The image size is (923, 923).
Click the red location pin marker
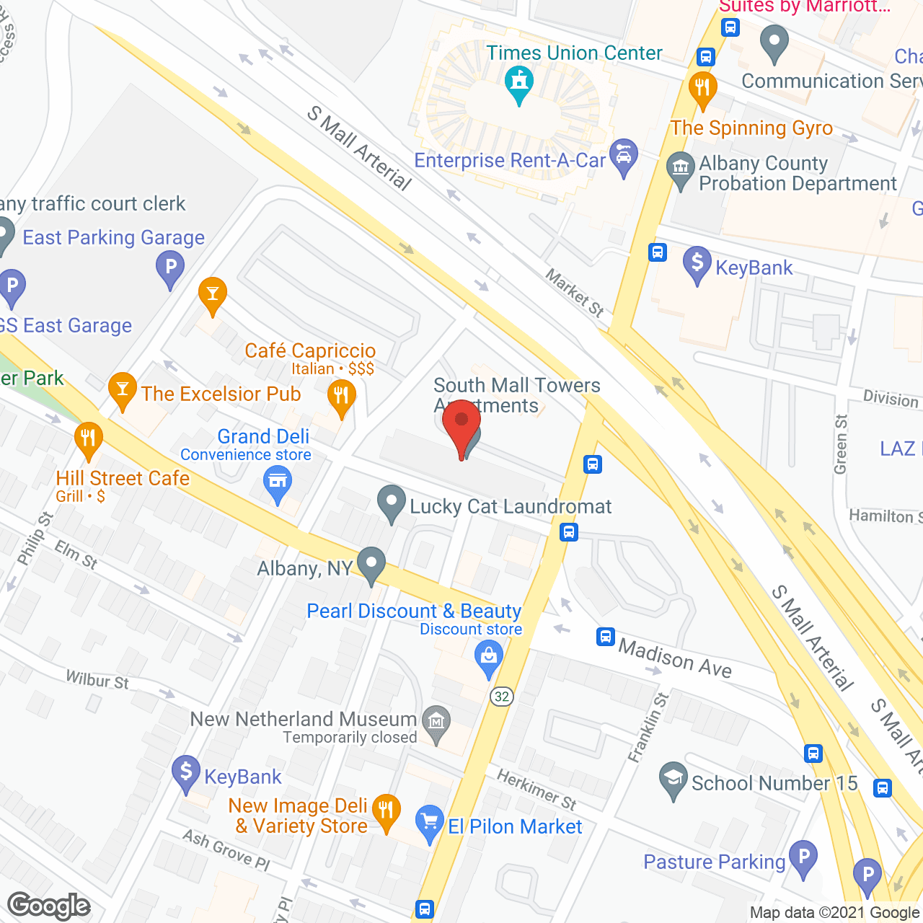461,427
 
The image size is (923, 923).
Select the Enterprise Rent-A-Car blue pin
623,156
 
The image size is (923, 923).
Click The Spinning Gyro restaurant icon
702,89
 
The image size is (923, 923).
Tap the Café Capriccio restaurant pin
341,397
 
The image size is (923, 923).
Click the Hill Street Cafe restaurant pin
88,439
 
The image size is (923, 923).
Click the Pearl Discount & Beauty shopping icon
488,659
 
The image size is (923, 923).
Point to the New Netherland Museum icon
436,723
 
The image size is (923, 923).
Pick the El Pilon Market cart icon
429,822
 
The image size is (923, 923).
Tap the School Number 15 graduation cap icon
673,780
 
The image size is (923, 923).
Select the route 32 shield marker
502,697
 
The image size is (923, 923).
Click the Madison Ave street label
674,658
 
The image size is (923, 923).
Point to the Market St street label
575,292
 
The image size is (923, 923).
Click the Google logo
49,905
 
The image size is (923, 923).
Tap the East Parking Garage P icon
170,268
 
